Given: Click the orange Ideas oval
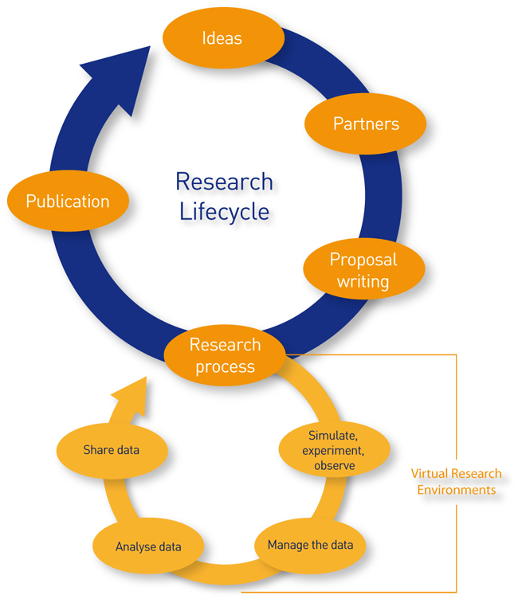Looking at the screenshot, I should coord(222,38).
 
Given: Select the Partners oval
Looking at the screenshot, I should coord(365,123).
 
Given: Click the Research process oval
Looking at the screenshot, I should coord(224,355).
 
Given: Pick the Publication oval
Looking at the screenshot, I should coord(68,202).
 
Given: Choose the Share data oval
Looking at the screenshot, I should coord(112,451).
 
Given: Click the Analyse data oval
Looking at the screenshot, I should coord(148,547).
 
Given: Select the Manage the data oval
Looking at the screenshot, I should coord(316,546).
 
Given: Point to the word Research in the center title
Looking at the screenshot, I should coord(224,182).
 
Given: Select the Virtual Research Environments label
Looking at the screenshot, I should coord(456,482).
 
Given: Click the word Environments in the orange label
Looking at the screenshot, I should coord(456,490).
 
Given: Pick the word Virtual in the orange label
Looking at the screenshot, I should coord(429,474).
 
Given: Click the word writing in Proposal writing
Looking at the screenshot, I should coord(363,281).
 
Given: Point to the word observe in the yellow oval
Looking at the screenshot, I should coord(335,465).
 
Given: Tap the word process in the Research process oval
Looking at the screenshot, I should coord(224,366).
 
